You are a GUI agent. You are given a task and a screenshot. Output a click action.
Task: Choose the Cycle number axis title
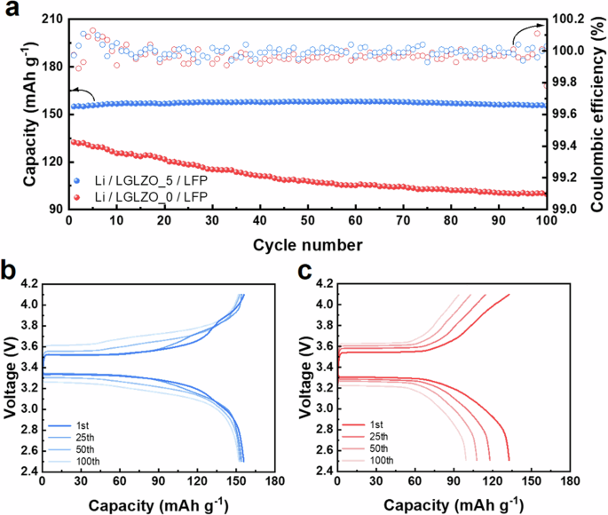coord(305,242)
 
